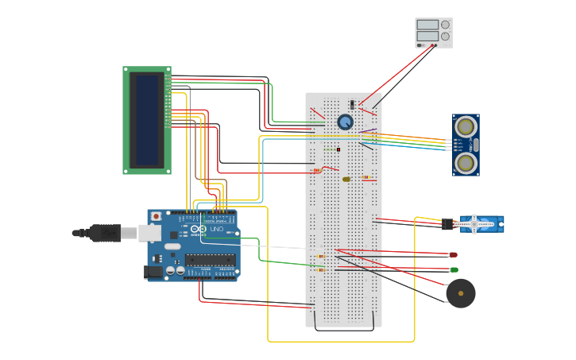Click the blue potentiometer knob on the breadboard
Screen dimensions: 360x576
click(345, 122)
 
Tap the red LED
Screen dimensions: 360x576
click(453, 255)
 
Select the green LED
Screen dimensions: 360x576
click(454, 270)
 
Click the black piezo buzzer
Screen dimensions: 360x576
click(460, 293)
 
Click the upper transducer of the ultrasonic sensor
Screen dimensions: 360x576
click(466, 126)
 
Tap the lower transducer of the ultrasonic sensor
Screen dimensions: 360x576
click(466, 163)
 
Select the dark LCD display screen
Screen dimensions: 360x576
click(147, 120)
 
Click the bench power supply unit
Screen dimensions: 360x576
click(434, 33)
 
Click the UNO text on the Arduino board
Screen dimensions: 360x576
click(217, 229)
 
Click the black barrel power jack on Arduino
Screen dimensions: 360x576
click(153, 272)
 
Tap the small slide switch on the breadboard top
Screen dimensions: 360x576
click(352, 104)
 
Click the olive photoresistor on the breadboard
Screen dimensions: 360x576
click(346, 179)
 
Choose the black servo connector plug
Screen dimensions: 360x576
click(448, 224)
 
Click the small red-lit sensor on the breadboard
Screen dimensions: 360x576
click(338, 149)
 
